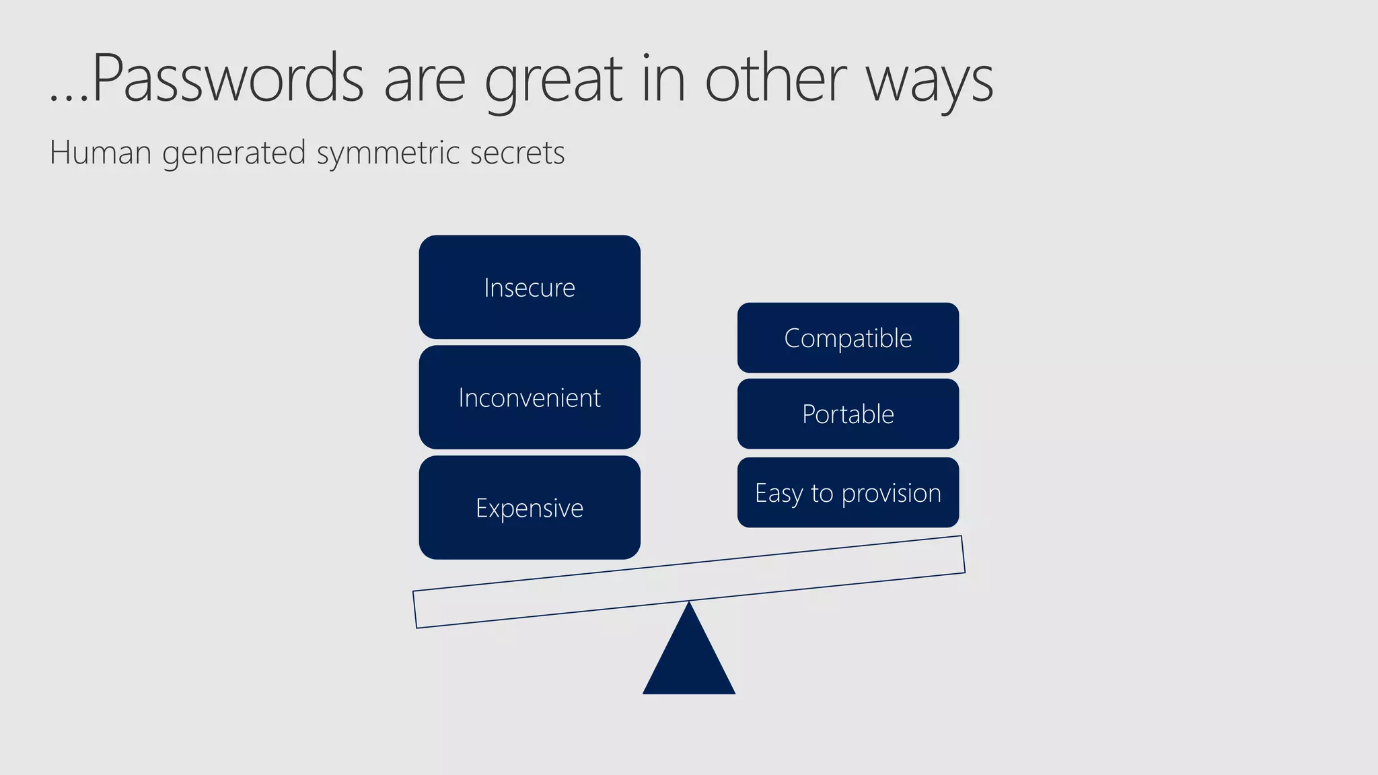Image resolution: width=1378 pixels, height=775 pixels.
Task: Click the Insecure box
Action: click(x=530, y=287)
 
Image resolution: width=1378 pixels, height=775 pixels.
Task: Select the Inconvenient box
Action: click(x=530, y=398)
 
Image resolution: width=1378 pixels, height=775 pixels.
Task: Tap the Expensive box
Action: click(x=530, y=508)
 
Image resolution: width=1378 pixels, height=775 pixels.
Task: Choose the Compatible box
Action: click(x=848, y=338)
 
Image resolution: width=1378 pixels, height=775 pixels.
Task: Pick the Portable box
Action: click(x=848, y=414)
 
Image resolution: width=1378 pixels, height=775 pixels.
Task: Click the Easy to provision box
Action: click(x=848, y=493)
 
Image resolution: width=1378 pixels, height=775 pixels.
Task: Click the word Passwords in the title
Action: click(x=227, y=79)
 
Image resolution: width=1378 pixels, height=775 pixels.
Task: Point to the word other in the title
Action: click(x=775, y=79)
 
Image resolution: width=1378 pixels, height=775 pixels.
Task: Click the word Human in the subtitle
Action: click(x=100, y=153)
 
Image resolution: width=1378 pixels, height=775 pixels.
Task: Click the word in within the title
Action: click(x=663, y=79)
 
